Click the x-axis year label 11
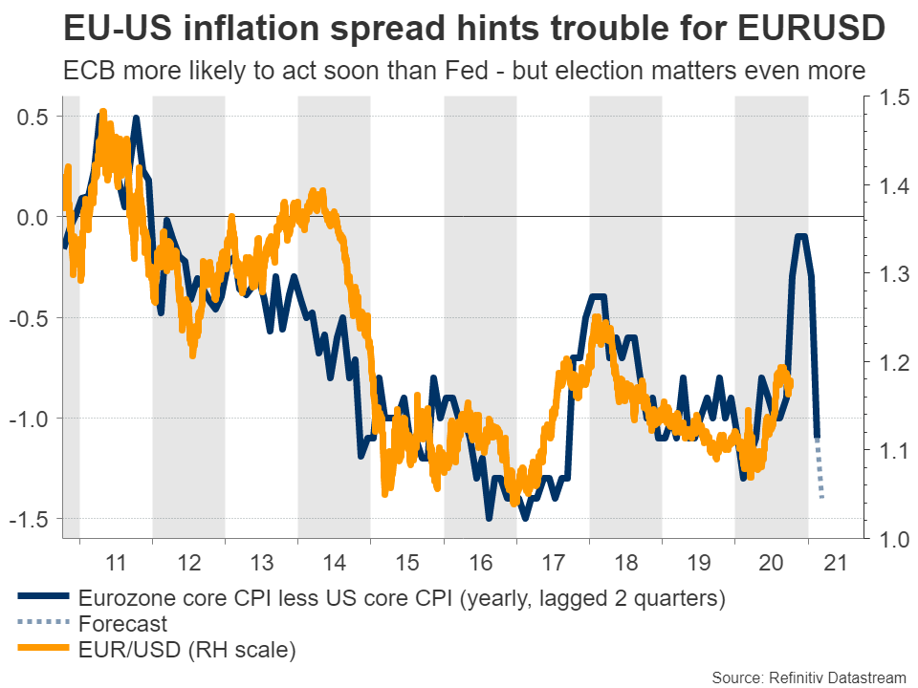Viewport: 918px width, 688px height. pyautogui.click(x=117, y=563)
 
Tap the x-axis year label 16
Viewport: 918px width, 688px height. pyautogui.click(x=481, y=563)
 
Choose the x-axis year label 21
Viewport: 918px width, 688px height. pyautogui.click(x=844, y=563)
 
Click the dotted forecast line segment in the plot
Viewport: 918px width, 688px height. pyautogui.click(x=820, y=468)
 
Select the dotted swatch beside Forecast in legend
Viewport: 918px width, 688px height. pyautogui.click(x=43, y=626)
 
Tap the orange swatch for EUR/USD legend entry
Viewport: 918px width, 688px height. pyautogui.click(x=43, y=652)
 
